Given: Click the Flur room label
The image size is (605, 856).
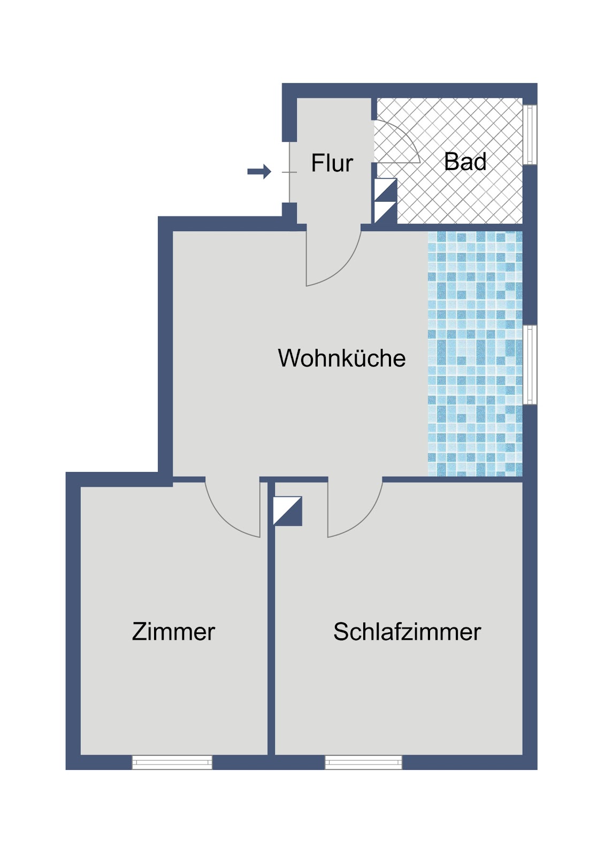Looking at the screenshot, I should coord(332,163).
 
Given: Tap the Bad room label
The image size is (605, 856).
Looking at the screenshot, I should coord(465,162).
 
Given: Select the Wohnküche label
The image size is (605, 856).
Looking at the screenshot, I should coord(341,358).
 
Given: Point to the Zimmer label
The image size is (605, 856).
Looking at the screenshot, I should coord(173,631).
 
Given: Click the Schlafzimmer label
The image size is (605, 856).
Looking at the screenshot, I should coord(407,631).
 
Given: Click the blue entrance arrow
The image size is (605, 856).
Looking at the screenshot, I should coord(259,172).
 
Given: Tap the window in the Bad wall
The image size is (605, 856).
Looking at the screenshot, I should coord(530,134).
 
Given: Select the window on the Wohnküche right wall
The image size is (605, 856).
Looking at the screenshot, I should coord(530,364).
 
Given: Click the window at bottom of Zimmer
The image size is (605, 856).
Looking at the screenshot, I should coord(172,762).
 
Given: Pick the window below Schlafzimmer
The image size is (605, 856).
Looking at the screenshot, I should coord(363,762).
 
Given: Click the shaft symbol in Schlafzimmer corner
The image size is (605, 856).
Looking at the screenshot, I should coord(288,511).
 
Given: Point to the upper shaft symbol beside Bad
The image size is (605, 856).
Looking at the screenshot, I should coord(385,189).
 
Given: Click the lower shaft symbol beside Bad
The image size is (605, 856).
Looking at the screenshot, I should coord(385,212).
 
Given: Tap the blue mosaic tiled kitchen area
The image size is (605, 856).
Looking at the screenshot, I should coord(474,353).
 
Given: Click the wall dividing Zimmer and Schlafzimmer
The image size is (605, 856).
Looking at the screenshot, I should coord(271,642).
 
